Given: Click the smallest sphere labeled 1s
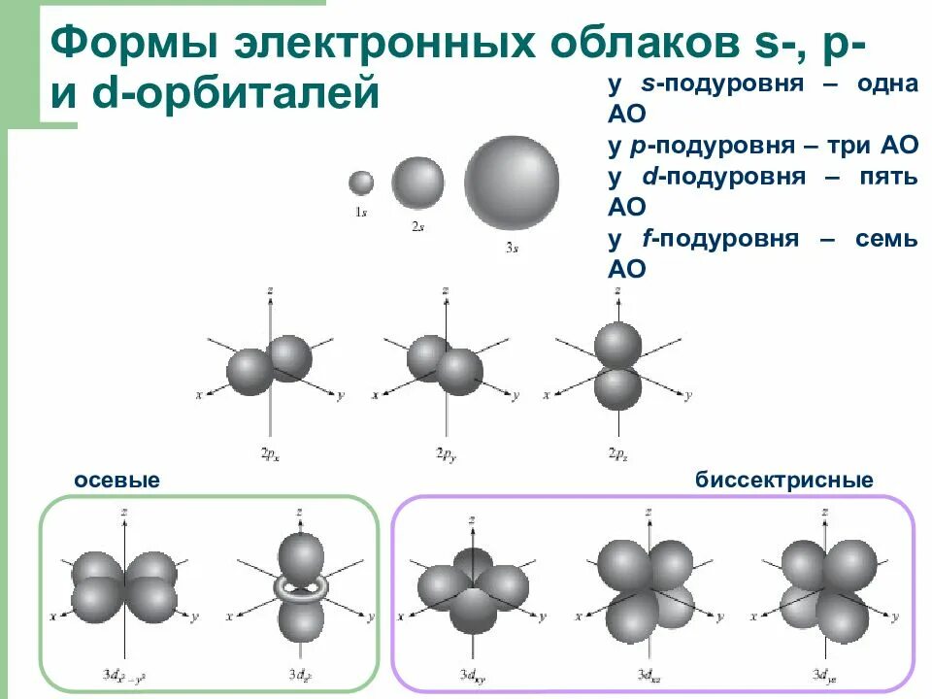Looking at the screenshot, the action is pyautogui.click(x=361, y=183).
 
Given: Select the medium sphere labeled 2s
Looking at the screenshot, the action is pyautogui.click(x=417, y=181).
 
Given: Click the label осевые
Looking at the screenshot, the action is pyautogui.click(x=116, y=481).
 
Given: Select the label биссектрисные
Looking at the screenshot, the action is pyautogui.click(x=783, y=481).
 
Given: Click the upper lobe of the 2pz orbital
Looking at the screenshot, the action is pyautogui.click(x=618, y=345).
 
